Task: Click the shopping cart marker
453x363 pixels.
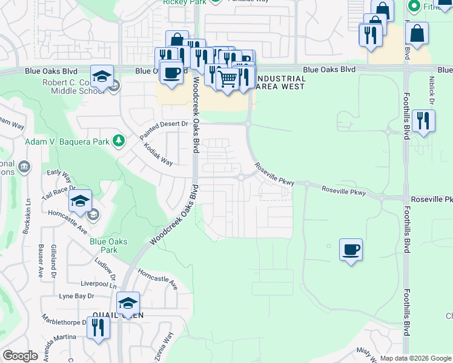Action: tap(227, 79)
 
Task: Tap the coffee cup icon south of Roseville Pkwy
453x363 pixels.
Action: tap(351, 249)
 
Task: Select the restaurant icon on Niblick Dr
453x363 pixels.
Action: tap(423, 120)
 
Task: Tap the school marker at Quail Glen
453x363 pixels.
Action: tap(128, 304)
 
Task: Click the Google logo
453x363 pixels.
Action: tap(20, 356)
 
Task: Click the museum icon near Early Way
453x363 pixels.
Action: tap(24, 166)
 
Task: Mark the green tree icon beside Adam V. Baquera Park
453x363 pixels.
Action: tap(119, 142)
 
